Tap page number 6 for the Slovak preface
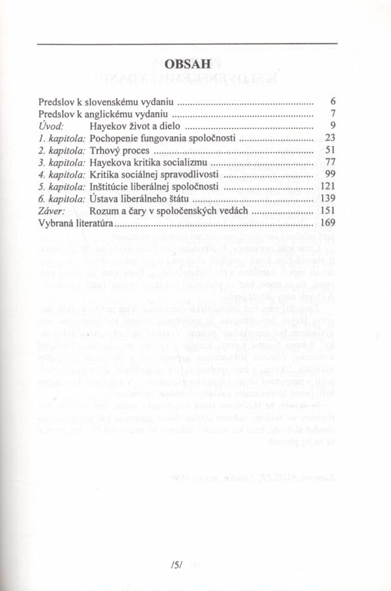(x=332, y=102)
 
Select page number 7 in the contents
(x=332, y=114)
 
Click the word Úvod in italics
(x=50, y=125)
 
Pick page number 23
(x=330, y=138)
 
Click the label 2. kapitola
(x=63, y=150)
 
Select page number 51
(x=330, y=150)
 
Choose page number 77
(x=330, y=162)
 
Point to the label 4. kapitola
(x=63, y=175)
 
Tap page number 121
(x=327, y=187)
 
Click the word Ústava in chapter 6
(x=105, y=199)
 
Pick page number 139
(x=327, y=199)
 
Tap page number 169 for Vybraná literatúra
(x=327, y=224)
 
